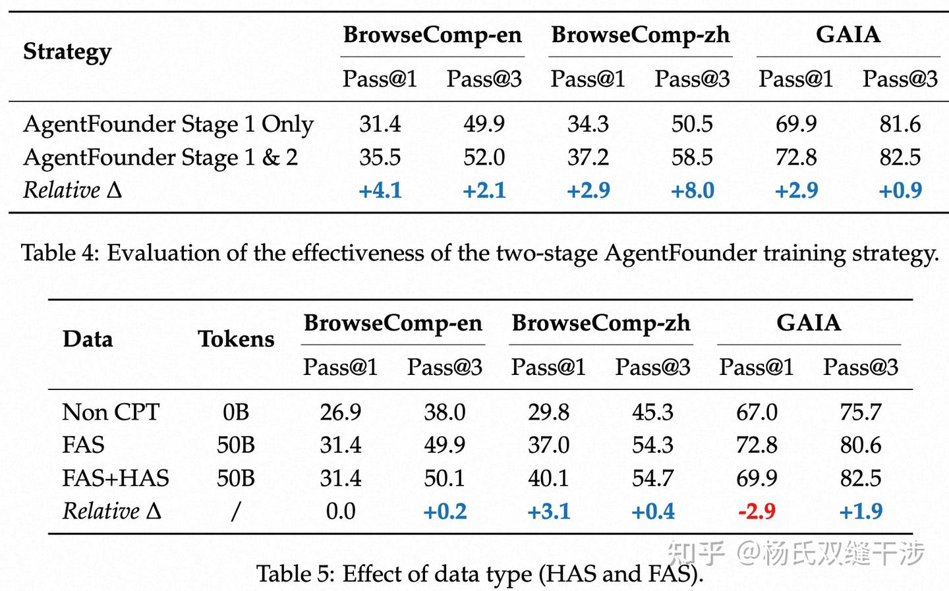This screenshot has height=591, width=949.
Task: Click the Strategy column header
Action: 67,51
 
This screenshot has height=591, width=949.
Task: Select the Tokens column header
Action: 236,339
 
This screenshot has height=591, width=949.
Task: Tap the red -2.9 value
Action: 757,511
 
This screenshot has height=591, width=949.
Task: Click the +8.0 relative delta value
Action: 692,190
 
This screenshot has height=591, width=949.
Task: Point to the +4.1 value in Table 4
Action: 380,190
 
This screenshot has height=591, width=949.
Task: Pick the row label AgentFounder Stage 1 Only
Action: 168,125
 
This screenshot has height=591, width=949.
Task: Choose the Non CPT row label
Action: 111,412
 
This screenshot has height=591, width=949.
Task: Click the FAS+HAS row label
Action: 115,478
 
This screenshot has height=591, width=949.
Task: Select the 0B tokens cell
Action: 236,412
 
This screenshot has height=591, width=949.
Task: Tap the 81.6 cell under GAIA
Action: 900,124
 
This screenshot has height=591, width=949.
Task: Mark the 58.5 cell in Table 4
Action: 692,157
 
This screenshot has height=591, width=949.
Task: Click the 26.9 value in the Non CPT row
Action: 341,412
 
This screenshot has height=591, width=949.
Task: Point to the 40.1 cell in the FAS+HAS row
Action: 548,478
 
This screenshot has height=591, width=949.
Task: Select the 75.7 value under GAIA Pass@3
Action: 861,412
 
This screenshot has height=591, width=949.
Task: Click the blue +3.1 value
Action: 548,511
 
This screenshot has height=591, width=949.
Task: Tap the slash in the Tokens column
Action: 236,511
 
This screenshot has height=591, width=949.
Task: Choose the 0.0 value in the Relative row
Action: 341,511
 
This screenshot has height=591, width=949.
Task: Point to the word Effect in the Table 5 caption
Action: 368,574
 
